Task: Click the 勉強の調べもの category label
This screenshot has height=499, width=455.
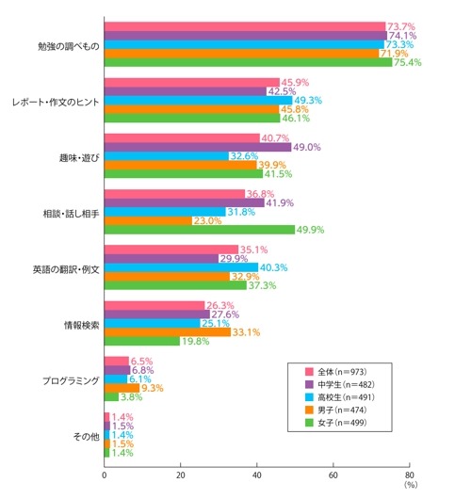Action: click(x=66, y=44)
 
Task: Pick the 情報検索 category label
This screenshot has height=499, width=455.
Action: click(x=78, y=325)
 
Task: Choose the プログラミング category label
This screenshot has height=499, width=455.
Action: click(x=70, y=380)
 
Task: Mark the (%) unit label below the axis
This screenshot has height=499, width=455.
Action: click(x=410, y=488)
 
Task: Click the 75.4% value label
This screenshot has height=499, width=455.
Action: click(x=407, y=63)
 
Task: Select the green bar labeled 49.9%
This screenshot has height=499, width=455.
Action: click(x=199, y=231)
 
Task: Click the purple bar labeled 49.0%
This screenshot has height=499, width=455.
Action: click(x=198, y=147)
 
